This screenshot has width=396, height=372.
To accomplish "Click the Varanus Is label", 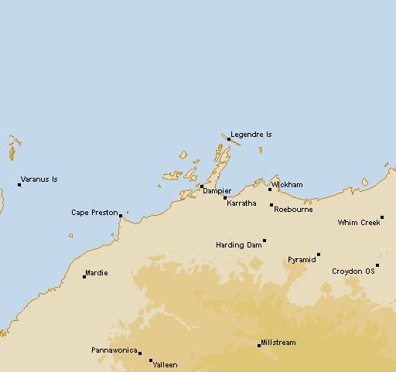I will pyautogui.click(x=39, y=179).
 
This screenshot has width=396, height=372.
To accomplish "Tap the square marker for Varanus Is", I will pyautogui.click(x=19, y=184).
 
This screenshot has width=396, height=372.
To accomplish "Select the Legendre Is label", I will pyautogui.click(x=251, y=135).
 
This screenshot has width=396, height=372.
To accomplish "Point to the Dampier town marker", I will pyautogui.click(x=201, y=186).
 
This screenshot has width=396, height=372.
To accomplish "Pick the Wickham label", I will pyautogui.click(x=287, y=185).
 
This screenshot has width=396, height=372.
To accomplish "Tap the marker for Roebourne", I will pyautogui.click(x=271, y=205).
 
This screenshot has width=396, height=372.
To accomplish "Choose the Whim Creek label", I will pyautogui.click(x=358, y=223).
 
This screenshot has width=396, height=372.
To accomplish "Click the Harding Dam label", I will pyautogui.click(x=238, y=245).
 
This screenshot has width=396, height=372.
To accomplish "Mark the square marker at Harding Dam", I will pyautogui.click(x=265, y=241).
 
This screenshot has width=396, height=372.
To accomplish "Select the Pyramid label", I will pyautogui.click(x=302, y=260).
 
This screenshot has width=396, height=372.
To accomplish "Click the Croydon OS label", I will pyautogui.click(x=353, y=271).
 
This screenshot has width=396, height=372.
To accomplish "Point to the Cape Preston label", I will pyautogui.click(x=94, y=212).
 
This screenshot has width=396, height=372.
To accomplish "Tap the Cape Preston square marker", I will pyautogui.click(x=120, y=216).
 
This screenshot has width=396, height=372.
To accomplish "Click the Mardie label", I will pyautogui.click(x=97, y=272).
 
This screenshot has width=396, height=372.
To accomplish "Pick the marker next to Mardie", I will pyautogui.click(x=84, y=276).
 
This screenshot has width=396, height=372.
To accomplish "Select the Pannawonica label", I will pyautogui.click(x=114, y=350).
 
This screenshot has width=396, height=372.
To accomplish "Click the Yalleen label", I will pyautogui.click(x=166, y=364).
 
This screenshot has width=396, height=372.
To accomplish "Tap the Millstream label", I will pyautogui.click(x=278, y=343).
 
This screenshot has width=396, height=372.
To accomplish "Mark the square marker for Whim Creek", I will pyautogui.click(x=382, y=218).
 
